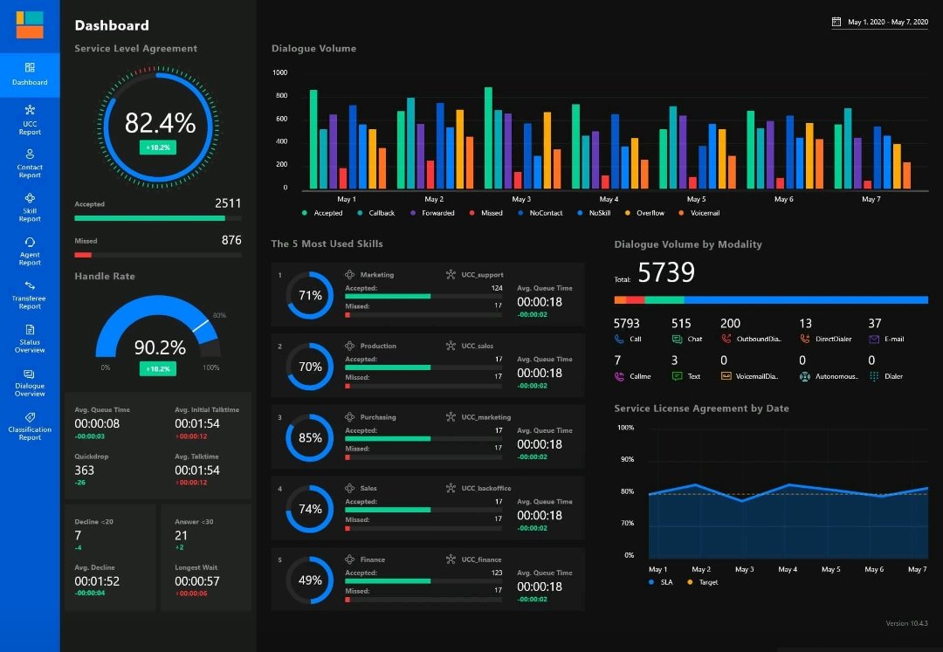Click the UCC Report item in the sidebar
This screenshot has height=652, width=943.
pyautogui.click(x=30, y=120)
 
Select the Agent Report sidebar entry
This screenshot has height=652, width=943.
pyautogui.click(x=30, y=251)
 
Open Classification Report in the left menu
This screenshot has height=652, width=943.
pyautogui.click(x=30, y=426)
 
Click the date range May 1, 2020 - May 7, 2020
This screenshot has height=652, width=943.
pyautogui.click(x=887, y=22)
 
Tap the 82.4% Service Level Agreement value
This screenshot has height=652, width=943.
pyautogui.click(x=160, y=123)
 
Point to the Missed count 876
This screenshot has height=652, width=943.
pyautogui.click(x=231, y=240)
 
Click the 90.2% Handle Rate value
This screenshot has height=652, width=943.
pyautogui.click(x=160, y=347)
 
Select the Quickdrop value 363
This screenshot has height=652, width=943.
pyautogui.click(x=85, y=470)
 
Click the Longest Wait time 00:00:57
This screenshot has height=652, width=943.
pyautogui.click(x=196, y=581)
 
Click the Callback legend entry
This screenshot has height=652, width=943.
pyautogui.click(x=382, y=213)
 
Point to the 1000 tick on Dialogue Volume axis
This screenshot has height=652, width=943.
pyautogui.click(x=280, y=72)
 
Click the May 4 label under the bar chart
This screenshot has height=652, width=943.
pyautogui.click(x=609, y=199)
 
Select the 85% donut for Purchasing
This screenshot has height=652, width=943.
pyautogui.click(x=310, y=438)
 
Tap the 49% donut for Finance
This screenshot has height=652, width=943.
pyautogui.click(x=310, y=580)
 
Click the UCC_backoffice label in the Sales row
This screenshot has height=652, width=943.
pyautogui.click(x=486, y=489)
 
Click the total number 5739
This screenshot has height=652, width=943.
pyautogui.click(x=665, y=273)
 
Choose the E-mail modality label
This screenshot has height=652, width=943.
pyautogui.click(x=893, y=339)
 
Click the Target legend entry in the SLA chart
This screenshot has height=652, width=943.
pyautogui.click(x=707, y=582)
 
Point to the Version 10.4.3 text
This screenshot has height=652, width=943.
pyautogui.click(x=906, y=623)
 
